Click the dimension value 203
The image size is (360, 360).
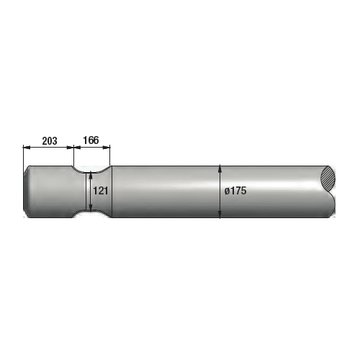point(49,140)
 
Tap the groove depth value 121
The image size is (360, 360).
point(101,191)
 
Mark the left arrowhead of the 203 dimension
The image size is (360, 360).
point(26,148)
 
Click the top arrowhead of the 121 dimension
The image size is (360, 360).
point(91,174)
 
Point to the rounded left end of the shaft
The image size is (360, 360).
point(27,192)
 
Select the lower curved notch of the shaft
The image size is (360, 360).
point(91,214)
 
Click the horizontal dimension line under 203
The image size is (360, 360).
point(49,148)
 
